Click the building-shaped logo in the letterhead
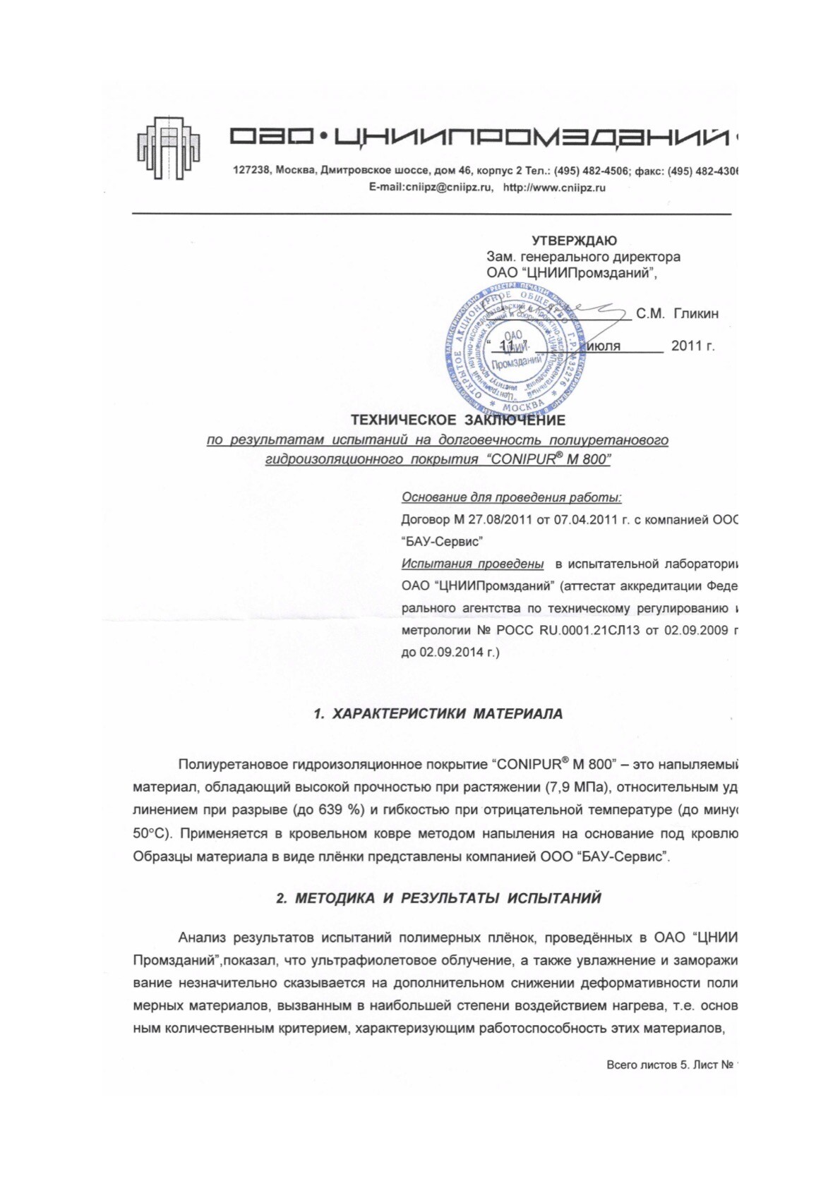(x=169, y=147)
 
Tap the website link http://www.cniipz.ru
(x=554, y=188)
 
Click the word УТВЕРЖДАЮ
(x=574, y=241)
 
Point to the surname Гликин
(x=696, y=314)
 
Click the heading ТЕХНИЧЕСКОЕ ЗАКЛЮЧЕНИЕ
(x=457, y=420)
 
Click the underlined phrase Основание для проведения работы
(x=511, y=497)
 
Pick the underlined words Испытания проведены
(x=472, y=564)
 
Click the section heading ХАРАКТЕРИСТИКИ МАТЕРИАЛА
(x=447, y=714)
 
